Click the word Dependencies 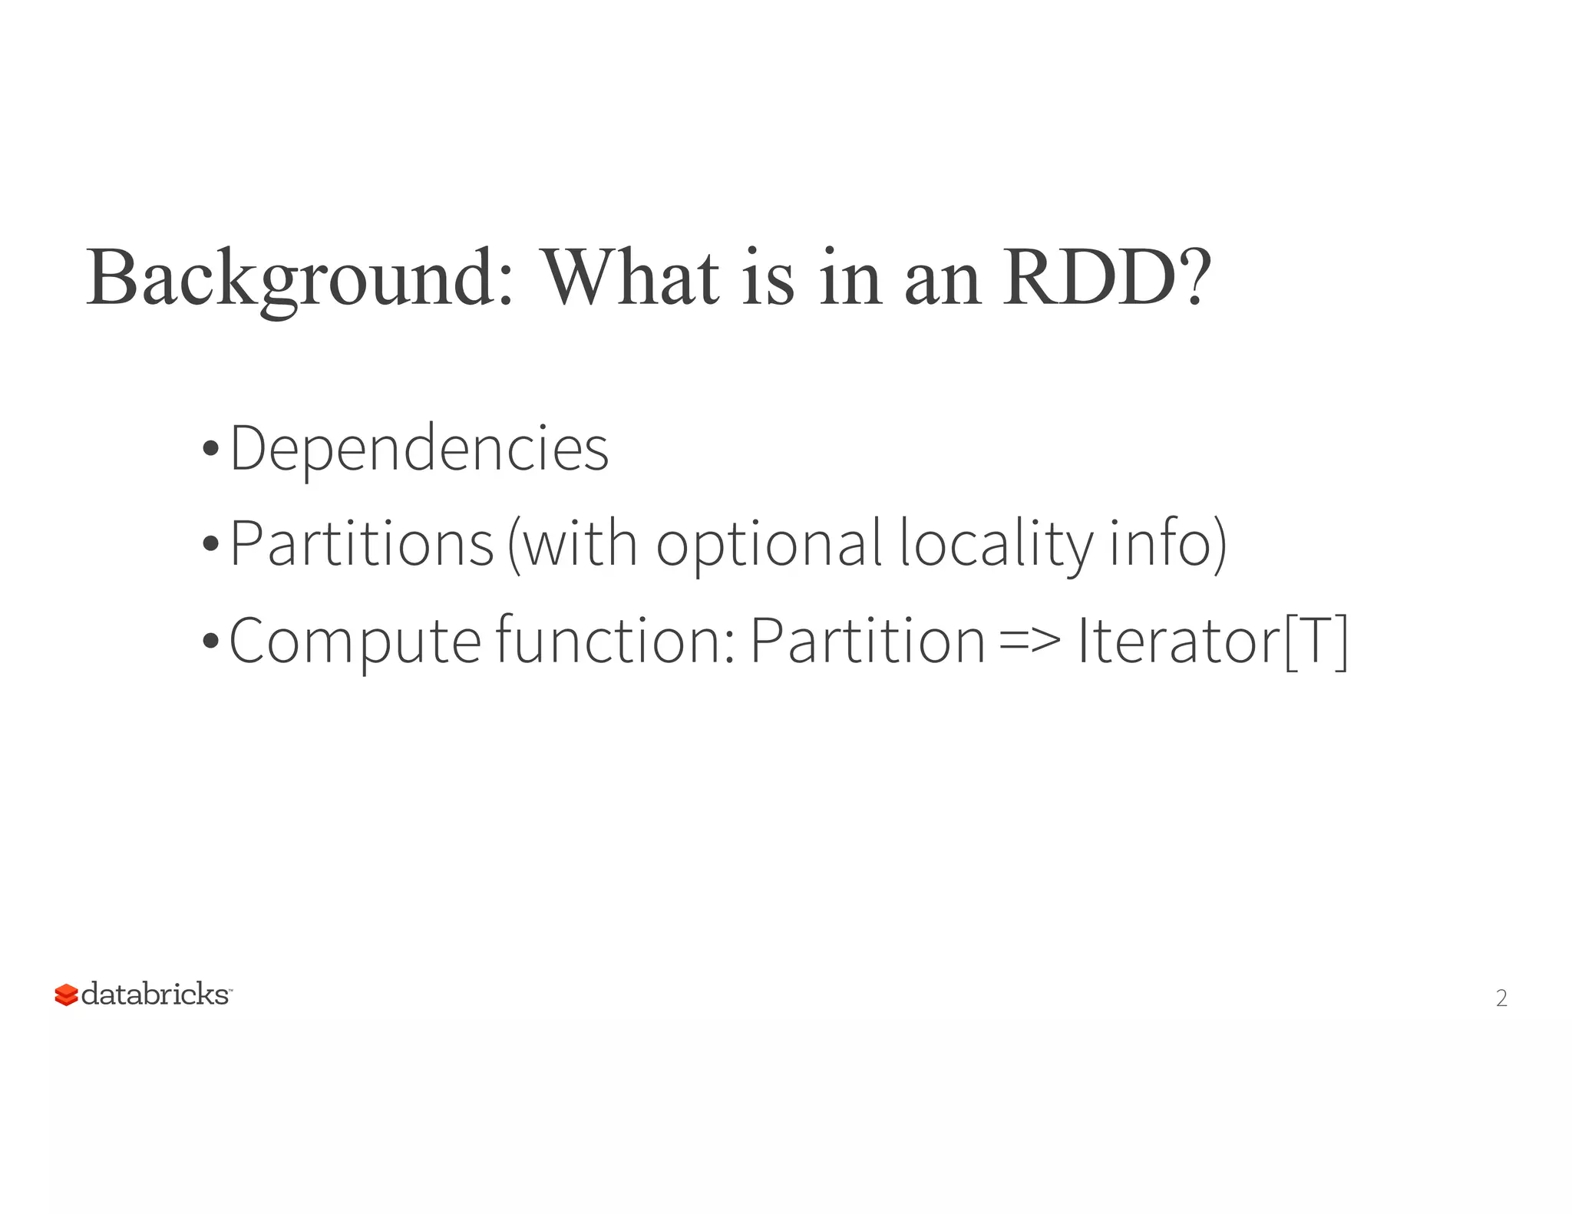click(x=419, y=449)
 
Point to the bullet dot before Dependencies click(x=210, y=449)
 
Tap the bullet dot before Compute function click(x=210, y=641)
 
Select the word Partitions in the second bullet click(x=362, y=544)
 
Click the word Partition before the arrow click(x=867, y=640)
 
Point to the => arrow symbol click(x=1031, y=642)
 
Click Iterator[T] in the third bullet click(x=1213, y=642)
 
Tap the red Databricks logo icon click(x=66, y=995)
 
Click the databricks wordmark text click(x=155, y=995)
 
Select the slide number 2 click(x=1501, y=998)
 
